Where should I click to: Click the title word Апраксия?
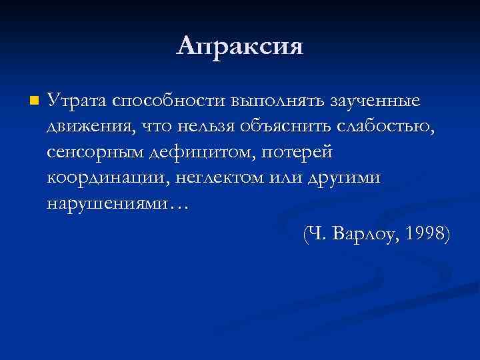pos(240,46)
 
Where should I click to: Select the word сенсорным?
pos(97,153)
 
